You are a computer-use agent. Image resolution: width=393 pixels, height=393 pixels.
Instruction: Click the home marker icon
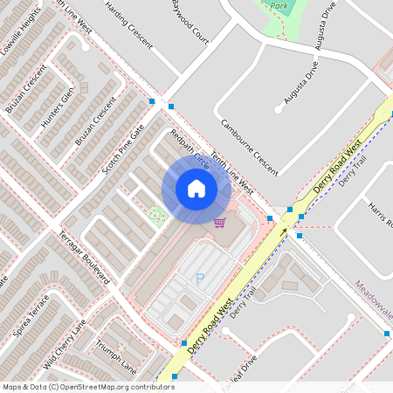click(x=196, y=189)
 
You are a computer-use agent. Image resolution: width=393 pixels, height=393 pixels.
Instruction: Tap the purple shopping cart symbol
click(x=219, y=222)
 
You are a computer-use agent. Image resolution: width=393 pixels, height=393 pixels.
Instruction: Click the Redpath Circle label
click(x=190, y=148)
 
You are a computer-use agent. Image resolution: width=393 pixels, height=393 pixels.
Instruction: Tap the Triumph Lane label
click(x=116, y=355)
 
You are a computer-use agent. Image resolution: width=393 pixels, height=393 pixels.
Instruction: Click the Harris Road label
click(x=381, y=214)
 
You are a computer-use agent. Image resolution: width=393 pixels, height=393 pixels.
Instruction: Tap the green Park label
click(x=279, y=5)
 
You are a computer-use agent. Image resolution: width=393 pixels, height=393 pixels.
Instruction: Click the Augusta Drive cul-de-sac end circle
click(x=279, y=108)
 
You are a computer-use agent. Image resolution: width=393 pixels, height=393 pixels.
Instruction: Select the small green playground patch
click(x=157, y=214)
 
